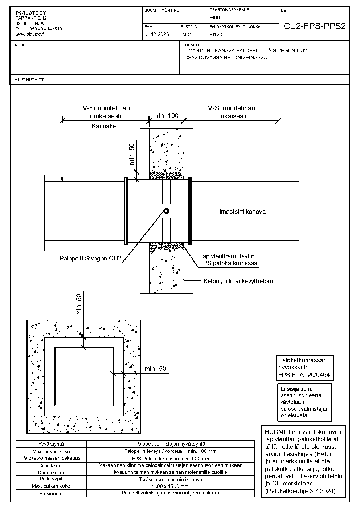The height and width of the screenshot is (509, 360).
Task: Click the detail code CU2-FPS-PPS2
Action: [315, 26]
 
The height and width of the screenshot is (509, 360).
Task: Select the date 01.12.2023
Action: [156, 34]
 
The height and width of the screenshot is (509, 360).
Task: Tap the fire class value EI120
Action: [216, 34]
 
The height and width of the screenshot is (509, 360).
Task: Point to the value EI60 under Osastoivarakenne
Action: [215, 17]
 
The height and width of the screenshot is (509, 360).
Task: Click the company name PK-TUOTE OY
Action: [31, 13]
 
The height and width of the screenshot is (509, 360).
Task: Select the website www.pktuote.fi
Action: [30, 34]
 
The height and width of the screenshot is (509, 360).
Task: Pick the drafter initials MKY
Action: [187, 34]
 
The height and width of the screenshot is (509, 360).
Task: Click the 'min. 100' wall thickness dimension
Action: [166, 116]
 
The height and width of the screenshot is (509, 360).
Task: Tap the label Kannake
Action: [104, 126]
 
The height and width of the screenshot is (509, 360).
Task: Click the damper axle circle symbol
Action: [166, 211]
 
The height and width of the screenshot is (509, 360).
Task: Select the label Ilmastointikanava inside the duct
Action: [242, 212]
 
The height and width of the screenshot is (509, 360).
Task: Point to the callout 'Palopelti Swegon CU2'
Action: [90, 258]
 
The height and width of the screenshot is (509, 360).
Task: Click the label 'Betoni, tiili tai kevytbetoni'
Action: [238, 281]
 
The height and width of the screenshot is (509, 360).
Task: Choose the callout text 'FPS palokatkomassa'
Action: [228, 263]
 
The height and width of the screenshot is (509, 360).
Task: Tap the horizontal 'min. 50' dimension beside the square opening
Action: [155, 369]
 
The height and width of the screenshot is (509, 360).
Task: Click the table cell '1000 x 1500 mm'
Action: [170, 486]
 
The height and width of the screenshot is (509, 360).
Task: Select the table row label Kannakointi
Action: [51, 472]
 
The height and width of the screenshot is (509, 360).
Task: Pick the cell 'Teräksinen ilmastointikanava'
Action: [171, 480]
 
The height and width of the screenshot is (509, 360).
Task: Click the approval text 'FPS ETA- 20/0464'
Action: [304, 375]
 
